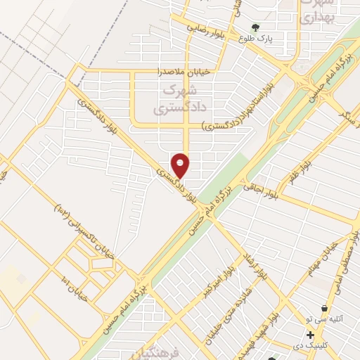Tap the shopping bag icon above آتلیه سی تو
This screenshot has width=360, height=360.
[x=323, y=309]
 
